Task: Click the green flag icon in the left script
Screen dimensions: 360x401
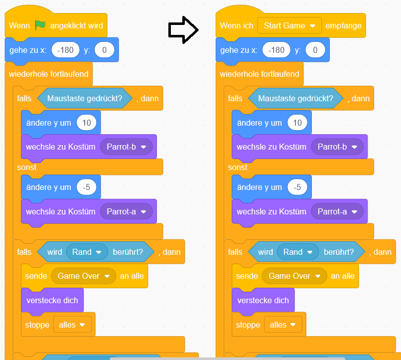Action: pos(40,25)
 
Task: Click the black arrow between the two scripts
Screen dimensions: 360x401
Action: pos(183,30)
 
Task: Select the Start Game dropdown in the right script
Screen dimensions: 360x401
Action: pos(289,25)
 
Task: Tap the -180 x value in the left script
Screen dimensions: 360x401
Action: pos(66,50)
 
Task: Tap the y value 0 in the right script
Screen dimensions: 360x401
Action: pos(315,50)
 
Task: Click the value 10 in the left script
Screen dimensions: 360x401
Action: pos(87,123)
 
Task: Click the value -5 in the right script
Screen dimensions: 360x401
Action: pos(297,187)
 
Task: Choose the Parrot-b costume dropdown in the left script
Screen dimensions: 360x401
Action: pos(126,147)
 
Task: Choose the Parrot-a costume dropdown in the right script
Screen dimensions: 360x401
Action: pos(337,211)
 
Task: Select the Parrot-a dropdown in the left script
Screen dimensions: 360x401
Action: pos(126,211)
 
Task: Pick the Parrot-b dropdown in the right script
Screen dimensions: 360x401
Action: pos(337,147)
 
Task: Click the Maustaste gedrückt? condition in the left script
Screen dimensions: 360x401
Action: pos(85,98)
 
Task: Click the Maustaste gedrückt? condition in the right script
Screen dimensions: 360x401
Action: pos(295,98)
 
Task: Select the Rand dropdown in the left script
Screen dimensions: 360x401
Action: pos(87,252)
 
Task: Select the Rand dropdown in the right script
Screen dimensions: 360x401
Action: pos(298,252)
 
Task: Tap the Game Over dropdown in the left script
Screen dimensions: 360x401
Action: pos(83,276)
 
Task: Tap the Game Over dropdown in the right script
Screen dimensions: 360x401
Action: pos(294,276)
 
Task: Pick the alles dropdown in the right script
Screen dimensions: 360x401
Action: pos(282,325)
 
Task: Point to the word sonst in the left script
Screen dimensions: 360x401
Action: pos(27,167)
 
